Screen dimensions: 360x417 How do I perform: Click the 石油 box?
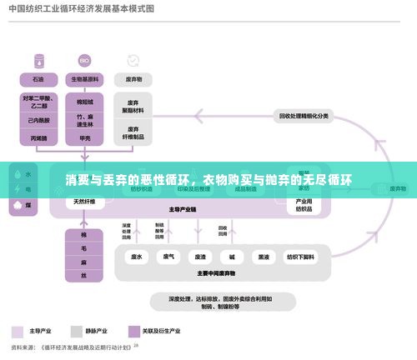click(x=38, y=80)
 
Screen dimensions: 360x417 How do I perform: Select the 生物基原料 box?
click(x=85, y=80)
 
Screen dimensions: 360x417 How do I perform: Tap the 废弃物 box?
click(x=133, y=80)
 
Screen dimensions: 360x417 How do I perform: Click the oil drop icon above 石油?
click(x=38, y=61)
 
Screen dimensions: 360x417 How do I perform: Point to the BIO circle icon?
click(x=84, y=61)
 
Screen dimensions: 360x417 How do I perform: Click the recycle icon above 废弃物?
click(x=133, y=61)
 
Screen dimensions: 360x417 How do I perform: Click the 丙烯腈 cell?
click(x=38, y=138)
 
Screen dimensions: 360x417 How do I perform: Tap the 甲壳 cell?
click(x=85, y=138)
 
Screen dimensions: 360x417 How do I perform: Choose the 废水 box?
click(x=137, y=257)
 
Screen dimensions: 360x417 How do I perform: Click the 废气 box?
click(x=168, y=257)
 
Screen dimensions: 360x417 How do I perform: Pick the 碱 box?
click(x=231, y=257)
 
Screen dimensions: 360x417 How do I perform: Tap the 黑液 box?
click(x=263, y=257)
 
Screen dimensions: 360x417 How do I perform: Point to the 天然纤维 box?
click(x=84, y=201)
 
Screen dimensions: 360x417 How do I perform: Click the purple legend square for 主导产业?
click(x=17, y=329)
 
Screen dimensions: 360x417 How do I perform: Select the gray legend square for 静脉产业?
click(x=76, y=329)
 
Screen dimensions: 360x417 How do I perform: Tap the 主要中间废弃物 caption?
click(x=217, y=272)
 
